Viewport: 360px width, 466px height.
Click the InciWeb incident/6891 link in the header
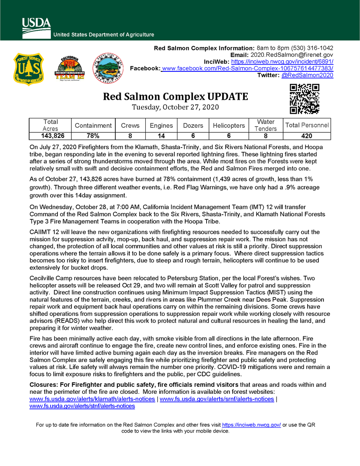pos(282,62)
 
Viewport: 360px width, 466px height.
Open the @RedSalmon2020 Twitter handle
pos(307,75)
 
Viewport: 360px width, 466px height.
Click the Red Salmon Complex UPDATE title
pos(175,97)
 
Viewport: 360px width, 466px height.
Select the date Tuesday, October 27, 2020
pos(175,107)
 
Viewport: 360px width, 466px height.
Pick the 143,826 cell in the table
pos(50,136)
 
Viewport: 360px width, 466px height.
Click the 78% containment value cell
pos(93,136)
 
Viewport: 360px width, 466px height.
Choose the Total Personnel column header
pos(307,125)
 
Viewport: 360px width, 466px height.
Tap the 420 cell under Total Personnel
pos(306,136)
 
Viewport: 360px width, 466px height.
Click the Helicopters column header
pos(229,125)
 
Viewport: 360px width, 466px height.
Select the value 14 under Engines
pos(161,136)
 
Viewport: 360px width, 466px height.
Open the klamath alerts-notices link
pos(92,399)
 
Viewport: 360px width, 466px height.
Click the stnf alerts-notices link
pos(82,406)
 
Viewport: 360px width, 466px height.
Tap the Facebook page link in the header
pos(247,68)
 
